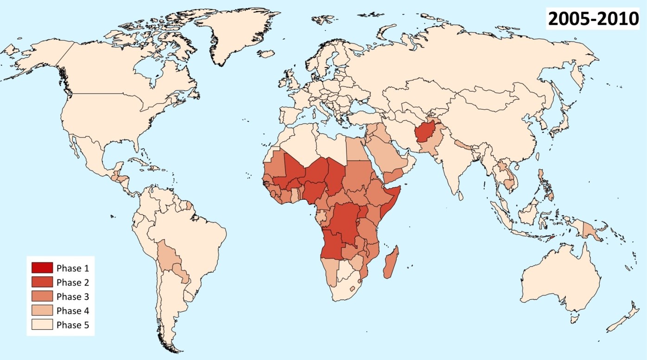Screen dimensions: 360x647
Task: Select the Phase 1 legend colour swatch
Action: pos(42,268)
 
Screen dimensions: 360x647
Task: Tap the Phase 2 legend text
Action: pos(72,282)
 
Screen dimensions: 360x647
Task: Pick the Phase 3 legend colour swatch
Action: pos(42,297)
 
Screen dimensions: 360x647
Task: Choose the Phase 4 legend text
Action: pos(72,311)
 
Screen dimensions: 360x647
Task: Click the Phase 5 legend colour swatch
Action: pos(42,325)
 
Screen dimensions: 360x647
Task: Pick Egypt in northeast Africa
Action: pos(355,147)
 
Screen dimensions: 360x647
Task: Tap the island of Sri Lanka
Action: pos(461,196)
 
